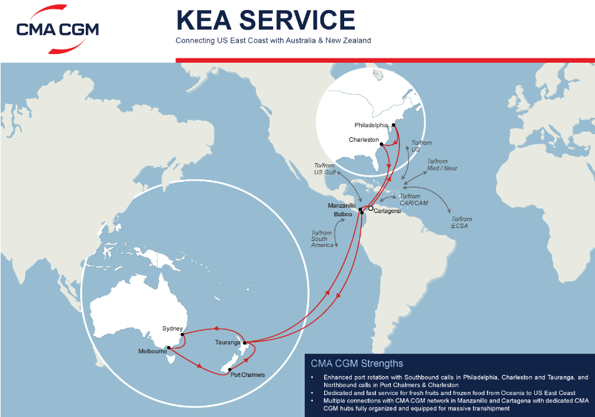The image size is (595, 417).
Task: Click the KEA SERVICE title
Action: tap(265, 20)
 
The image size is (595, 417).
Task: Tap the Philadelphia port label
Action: tap(371, 125)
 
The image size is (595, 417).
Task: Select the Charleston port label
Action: tap(364, 140)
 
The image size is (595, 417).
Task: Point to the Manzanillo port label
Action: tap(342, 206)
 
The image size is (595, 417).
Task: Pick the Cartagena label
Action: tap(387, 211)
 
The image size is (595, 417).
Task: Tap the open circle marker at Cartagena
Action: tap(371, 208)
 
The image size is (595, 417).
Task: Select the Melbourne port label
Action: tap(152, 352)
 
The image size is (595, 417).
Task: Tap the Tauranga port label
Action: tap(228, 342)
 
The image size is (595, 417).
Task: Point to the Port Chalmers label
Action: tap(248, 375)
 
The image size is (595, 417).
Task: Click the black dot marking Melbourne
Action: tap(169, 347)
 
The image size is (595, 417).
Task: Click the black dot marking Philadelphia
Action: tap(394, 125)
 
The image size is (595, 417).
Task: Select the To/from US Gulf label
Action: tap(324, 169)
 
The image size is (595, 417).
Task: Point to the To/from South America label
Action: tap(322, 239)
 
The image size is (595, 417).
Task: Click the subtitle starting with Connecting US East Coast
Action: tap(273, 40)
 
